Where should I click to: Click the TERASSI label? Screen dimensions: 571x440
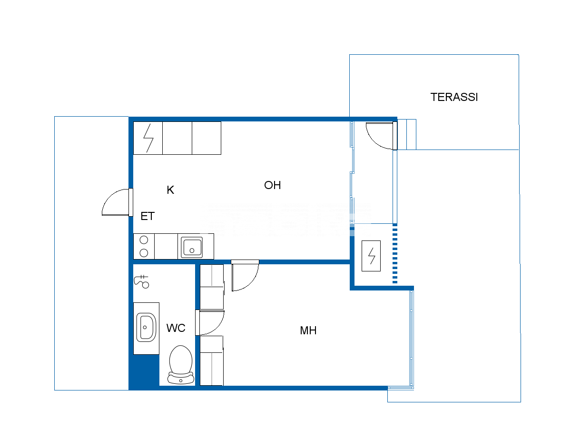[x=454, y=97]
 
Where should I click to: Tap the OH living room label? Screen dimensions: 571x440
[x=273, y=185]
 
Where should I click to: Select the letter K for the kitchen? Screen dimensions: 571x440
[x=170, y=190]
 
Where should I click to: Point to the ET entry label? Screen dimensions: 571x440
[x=148, y=216]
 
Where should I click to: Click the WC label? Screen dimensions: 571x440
[x=176, y=328]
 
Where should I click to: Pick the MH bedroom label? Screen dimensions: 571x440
[x=308, y=330]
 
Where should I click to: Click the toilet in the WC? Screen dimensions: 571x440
[x=181, y=365]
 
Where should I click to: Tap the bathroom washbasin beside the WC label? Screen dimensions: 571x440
[x=147, y=327]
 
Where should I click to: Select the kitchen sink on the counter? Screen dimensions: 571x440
[x=192, y=247]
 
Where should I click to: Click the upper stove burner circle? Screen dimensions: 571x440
[x=144, y=240]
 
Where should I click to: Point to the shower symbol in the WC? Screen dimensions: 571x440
[x=142, y=282]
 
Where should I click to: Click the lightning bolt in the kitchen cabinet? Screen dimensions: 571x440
[x=148, y=138]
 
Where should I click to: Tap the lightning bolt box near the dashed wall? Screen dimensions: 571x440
[x=371, y=256]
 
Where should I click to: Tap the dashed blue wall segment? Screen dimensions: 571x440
[x=394, y=253]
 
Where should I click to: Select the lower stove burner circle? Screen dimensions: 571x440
[x=144, y=253]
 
